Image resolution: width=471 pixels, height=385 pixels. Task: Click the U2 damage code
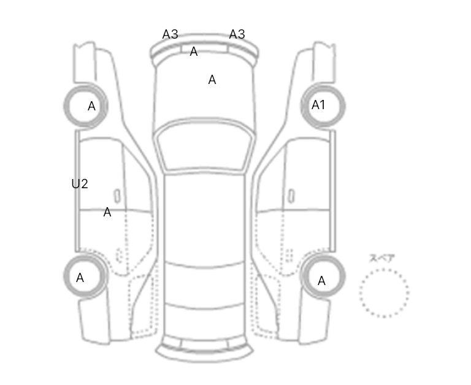click(80, 184)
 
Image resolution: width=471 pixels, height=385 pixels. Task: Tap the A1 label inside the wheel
click(318, 105)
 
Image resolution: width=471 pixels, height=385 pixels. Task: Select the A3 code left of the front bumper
click(170, 34)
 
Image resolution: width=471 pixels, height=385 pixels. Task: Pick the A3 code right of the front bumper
click(237, 34)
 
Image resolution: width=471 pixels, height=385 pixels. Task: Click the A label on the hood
click(212, 80)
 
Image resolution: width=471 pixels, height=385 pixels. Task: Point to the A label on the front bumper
click(194, 51)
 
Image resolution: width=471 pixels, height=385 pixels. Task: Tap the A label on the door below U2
click(107, 212)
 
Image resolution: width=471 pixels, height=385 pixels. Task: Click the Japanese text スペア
click(382, 258)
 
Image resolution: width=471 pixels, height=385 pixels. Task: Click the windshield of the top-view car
click(204, 147)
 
